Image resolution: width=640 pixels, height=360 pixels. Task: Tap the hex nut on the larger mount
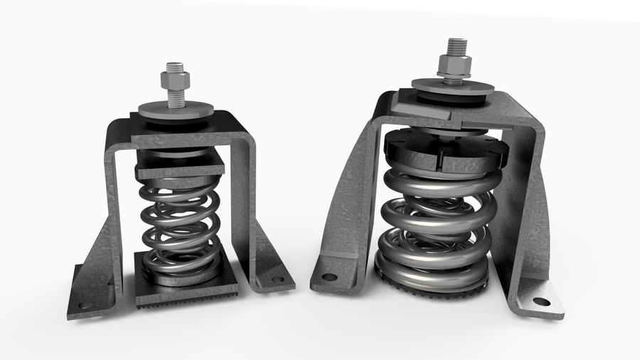pos(452,68)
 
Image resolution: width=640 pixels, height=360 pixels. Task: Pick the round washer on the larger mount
pos(453,88)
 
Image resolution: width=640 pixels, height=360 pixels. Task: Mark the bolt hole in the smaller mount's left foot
pos(85,305)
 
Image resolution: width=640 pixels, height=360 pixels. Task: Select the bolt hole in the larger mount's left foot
pos(329,277)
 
